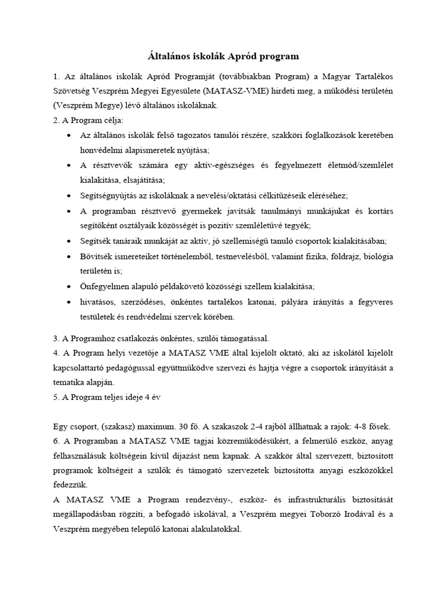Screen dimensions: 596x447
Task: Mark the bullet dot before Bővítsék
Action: click(70, 256)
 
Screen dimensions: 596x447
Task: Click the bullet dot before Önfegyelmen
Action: click(70, 286)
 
